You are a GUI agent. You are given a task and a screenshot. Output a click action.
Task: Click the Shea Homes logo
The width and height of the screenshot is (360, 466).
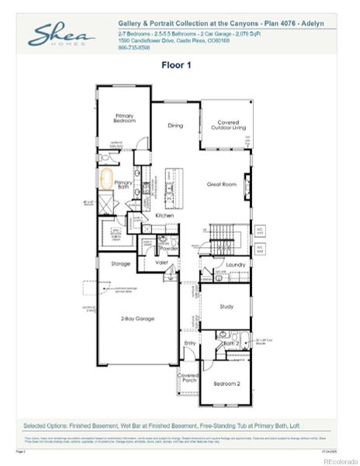pyautogui.click(x=62, y=34)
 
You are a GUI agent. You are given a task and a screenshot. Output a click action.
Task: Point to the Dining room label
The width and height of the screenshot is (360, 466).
pyautogui.click(x=175, y=125)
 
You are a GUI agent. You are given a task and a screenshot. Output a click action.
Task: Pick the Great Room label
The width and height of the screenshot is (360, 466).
pyautogui.click(x=220, y=184)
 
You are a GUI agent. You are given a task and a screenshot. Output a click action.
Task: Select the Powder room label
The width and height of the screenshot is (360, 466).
pyautogui.click(x=168, y=249)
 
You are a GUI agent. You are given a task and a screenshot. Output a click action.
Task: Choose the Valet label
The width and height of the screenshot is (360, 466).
pyautogui.click(x=161, y=263)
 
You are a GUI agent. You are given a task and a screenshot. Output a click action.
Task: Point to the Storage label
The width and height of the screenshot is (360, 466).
pyautogui.click(x=120, y=264)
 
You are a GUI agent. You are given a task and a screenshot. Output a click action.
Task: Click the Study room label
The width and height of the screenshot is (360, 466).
pyautogui.click(x=227, y=307)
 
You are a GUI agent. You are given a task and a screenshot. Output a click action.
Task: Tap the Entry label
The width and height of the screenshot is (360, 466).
pyautogui.click(x=189, y=342)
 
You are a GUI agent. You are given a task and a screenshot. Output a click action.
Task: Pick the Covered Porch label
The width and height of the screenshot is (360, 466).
pyautogui.click(x=188, y=378)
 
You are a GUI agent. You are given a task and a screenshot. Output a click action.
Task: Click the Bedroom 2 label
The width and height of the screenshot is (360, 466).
pyautogui.click(x=227, y=383)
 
